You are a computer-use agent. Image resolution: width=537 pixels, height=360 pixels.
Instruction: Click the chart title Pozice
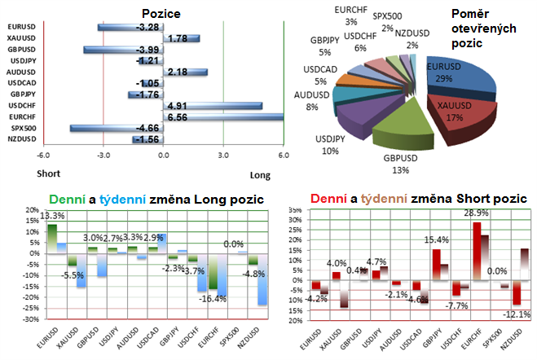pyautogui.click(x=161, y=13)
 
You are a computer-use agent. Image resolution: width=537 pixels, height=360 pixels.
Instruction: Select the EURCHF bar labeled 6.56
pyautogui.click(x=224, y=117)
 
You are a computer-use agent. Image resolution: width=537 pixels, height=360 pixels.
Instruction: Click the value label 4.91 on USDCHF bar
pyautogui.click(x=178, y=106)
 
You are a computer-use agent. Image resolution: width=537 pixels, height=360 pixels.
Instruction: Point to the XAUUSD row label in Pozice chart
pyautogui.click(x=20, y=38)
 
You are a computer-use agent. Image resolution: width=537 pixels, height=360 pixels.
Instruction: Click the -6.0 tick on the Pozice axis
pyautogui.click(x=43, y=156)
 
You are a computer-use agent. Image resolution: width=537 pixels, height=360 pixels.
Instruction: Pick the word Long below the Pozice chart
pyautogui.click(x=257, y=173)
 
